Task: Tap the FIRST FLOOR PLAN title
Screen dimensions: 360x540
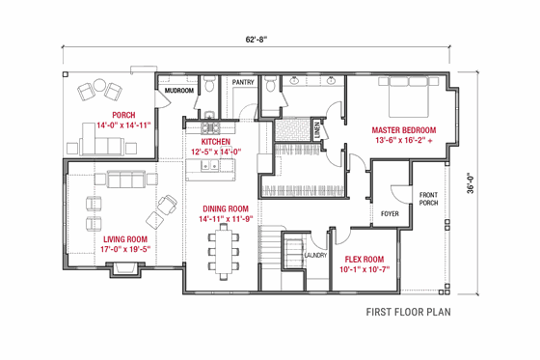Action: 408,313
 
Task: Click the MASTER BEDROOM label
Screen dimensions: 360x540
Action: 404,129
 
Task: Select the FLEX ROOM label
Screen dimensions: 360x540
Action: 363,259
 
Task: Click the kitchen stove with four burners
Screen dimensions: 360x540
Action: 211,125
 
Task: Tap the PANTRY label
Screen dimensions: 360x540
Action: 243,83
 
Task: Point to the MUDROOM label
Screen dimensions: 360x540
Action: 179,91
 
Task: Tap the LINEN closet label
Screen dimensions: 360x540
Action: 317,126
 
